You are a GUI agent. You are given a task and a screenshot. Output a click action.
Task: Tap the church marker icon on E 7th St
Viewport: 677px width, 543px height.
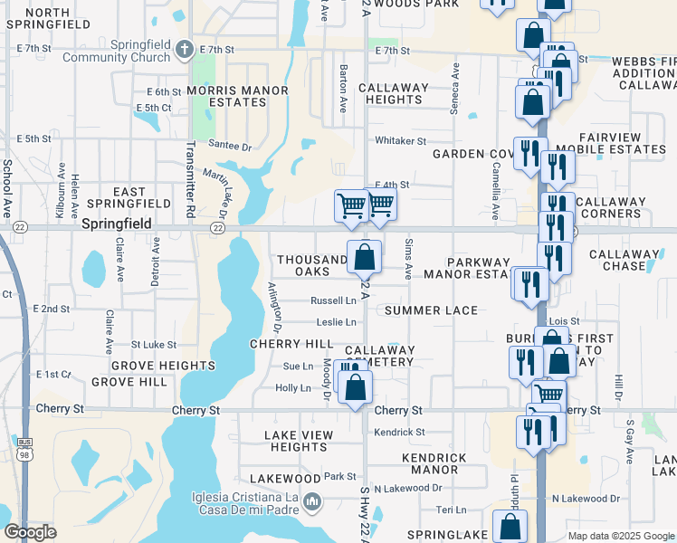pyautogui.click(x=185, y=50)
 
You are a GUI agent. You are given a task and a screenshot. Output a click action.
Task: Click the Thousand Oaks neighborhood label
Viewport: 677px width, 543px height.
pyautogui.click(x=312, y=265)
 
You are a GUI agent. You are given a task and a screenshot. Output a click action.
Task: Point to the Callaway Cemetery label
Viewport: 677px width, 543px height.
pyautogui.click(x=379, y=356)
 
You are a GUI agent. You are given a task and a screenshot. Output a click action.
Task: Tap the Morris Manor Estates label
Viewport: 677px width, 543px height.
pyautogui.click(x=227, y=96)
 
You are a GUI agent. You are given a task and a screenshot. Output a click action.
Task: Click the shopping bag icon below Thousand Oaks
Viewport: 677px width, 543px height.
pyautogui.click(x=364, y=257)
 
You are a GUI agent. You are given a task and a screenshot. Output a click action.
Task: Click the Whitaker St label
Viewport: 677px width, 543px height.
pyautogui.click(x=400, y=141)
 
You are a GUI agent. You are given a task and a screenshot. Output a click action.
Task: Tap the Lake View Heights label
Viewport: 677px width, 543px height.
pyautogui.click(x=298, y=441)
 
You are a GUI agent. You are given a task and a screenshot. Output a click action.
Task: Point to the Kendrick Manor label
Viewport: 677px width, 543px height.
pyautogui.click(x=422, y=463)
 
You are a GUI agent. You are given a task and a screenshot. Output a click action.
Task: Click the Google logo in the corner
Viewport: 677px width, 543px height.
pyautogui.click(x=30, y=532)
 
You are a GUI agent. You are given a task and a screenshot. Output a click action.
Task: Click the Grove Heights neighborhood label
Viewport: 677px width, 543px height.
pyautogui.click(x=164, y=366)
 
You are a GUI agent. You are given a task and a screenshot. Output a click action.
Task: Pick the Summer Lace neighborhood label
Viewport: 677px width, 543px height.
pyautogui.click(x=431, y=310)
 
